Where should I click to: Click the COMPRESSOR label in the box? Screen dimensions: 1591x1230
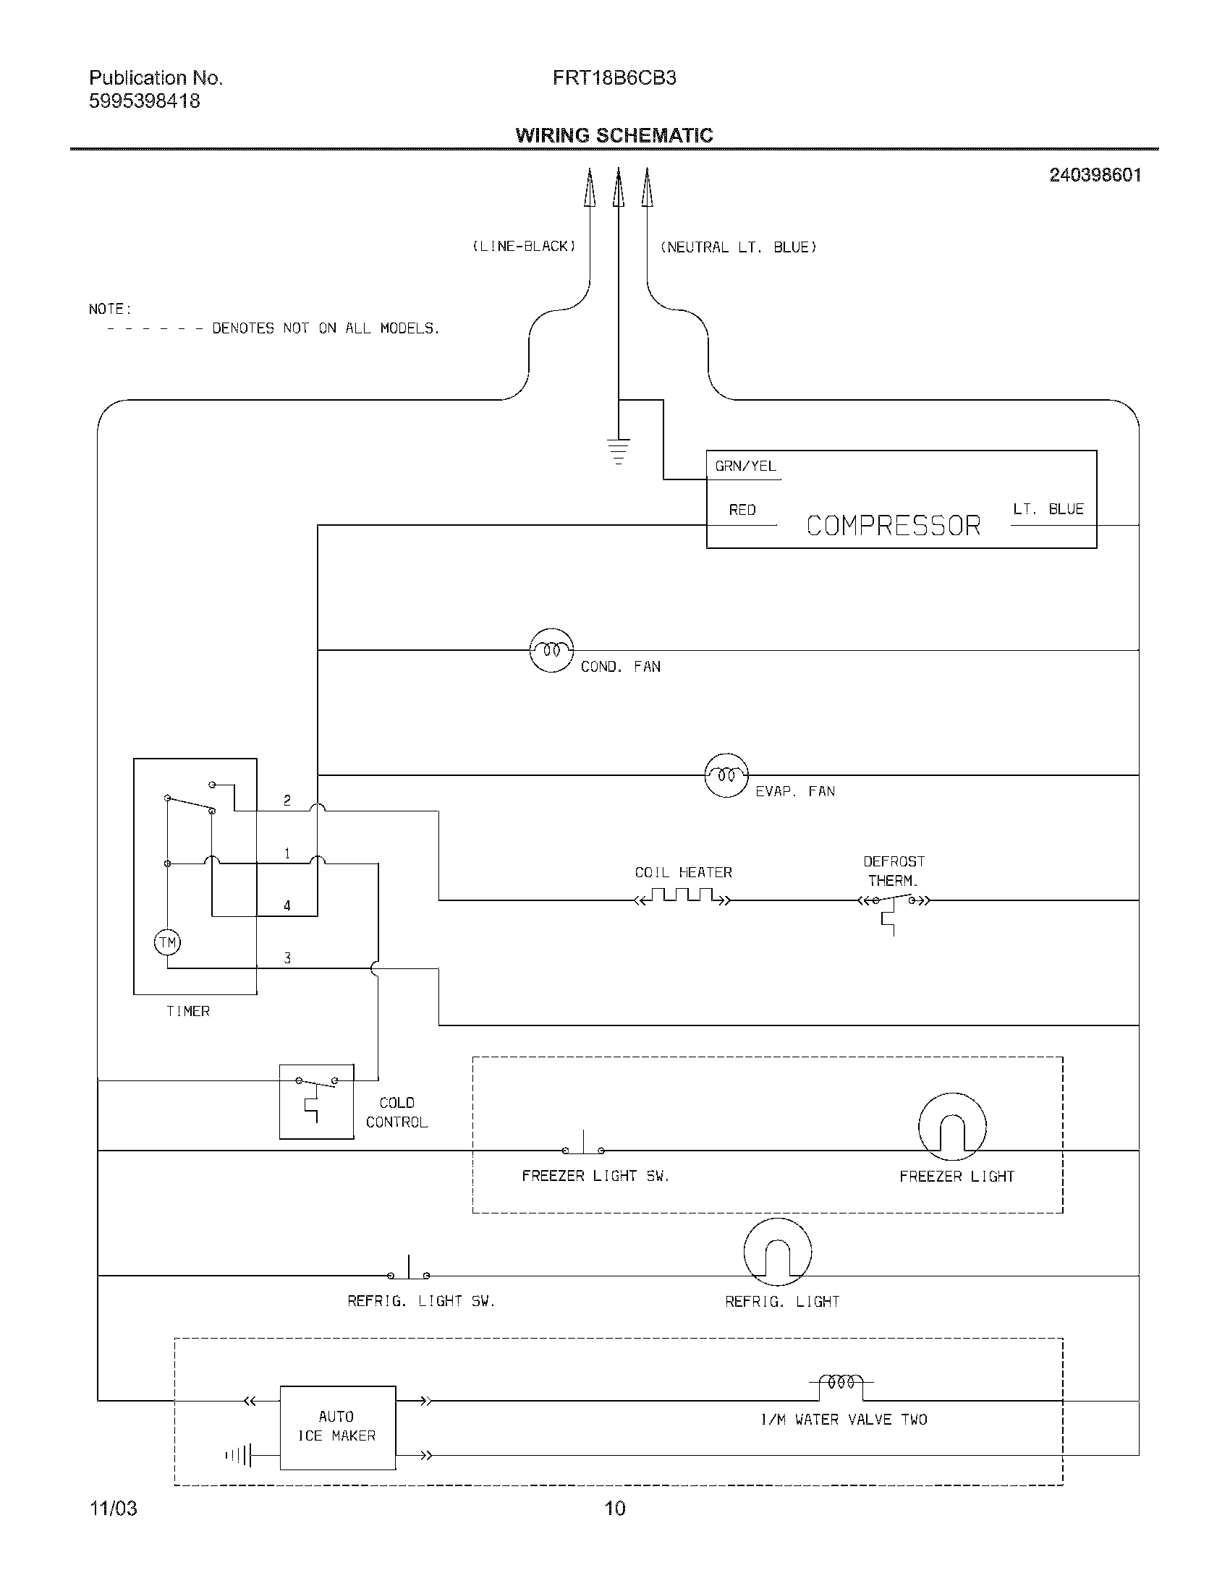[894, 525]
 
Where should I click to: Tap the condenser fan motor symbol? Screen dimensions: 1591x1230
[551, 650]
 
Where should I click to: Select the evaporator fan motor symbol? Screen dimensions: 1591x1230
[726, 775]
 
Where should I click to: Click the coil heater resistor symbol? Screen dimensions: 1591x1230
[683, 897]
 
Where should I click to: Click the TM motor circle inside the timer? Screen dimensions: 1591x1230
[168, 942]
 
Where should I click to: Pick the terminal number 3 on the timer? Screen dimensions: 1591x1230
[287, 958]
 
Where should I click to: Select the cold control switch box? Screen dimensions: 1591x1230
[316, 1101]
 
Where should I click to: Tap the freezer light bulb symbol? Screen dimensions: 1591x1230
[952, 1126]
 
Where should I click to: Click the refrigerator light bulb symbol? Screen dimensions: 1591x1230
[778, 1252]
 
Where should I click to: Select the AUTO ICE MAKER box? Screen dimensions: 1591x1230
[337, 1427]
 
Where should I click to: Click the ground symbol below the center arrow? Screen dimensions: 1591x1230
[618, 451]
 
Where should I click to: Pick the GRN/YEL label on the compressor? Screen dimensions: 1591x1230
[745, 466]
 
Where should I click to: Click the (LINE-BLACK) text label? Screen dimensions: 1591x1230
[524, 246]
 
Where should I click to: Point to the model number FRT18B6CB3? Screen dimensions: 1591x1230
[614, 78]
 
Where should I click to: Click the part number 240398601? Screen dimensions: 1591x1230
[1095, 175]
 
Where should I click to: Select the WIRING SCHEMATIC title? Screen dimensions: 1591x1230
[614, 135]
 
